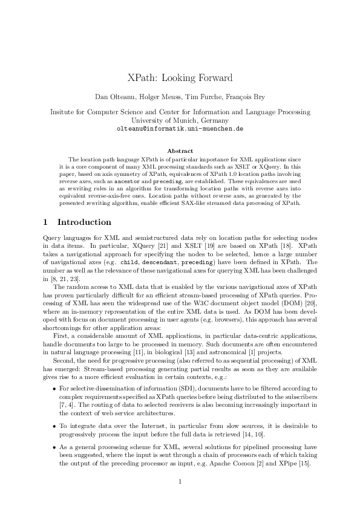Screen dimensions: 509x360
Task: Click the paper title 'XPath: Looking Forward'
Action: tap(180, 78)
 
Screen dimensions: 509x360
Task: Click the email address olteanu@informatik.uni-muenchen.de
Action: tap(180, 129)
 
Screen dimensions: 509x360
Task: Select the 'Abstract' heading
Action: tap(180, 151)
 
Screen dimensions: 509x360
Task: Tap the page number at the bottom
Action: tap(180, 481)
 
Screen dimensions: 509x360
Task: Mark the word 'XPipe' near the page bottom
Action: tap(287, 463)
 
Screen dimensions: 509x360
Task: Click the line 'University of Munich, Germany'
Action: tap(180, 120)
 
